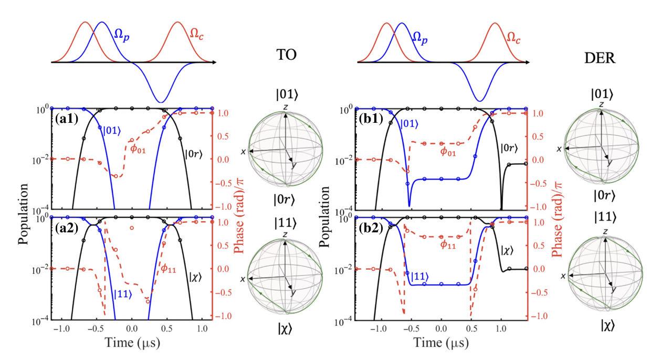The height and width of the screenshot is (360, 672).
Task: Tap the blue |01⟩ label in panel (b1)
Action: [410, 124]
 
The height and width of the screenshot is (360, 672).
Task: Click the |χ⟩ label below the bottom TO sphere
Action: [285, 329]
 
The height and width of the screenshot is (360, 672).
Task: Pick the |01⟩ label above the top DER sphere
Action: [600, 94]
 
